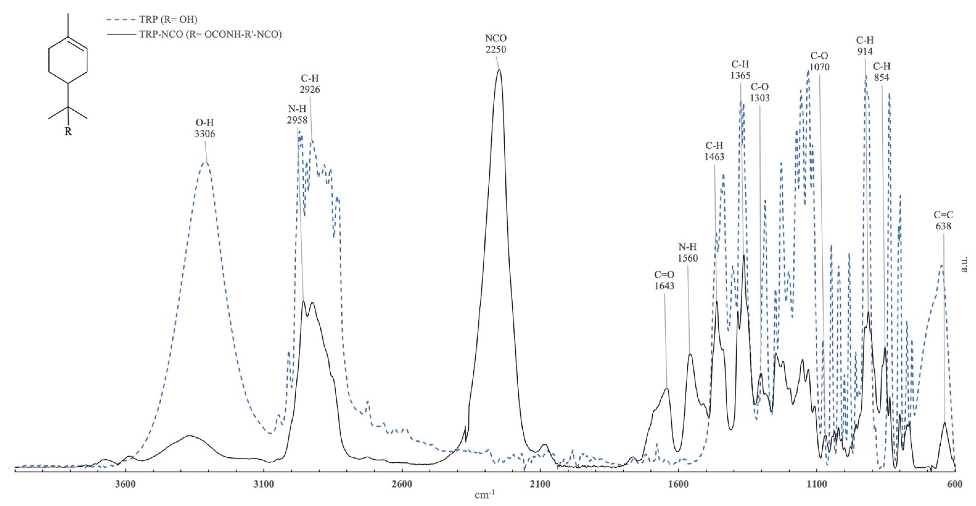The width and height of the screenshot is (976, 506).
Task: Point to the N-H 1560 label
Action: [x=688, y=253]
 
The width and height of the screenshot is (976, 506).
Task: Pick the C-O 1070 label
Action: [x=819, y=61]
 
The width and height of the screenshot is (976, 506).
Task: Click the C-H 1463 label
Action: [x=714, y=151]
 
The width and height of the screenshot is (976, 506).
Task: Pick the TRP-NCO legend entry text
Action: [x=210, y=34]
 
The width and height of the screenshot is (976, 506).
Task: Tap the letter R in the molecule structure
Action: [x=68, y=132]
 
